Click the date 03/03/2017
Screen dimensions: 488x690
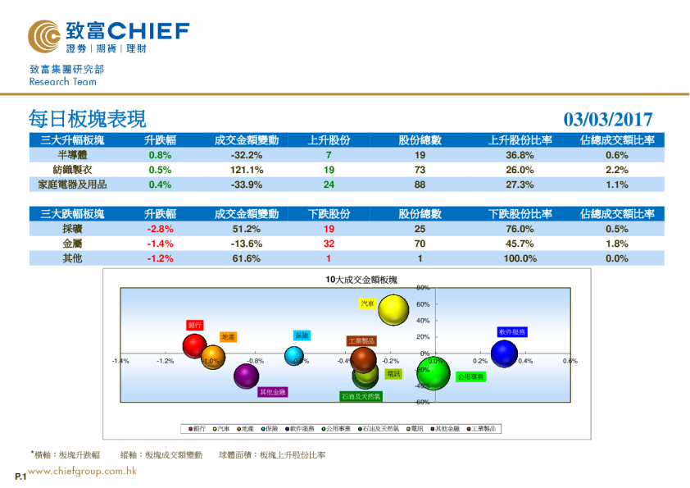[607, 120]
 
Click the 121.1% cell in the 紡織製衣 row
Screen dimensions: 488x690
[246, 170]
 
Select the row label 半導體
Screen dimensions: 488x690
[73, 155]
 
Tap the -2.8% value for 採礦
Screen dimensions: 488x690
[160, 229]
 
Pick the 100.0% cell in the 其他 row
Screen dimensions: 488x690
[520, 258]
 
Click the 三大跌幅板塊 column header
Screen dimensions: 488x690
[73, 214]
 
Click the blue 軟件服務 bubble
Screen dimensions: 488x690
[504, 353]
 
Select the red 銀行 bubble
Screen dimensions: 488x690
[194, 346]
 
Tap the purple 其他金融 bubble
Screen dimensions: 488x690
[247, 376]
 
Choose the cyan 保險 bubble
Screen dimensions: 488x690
[294, 356]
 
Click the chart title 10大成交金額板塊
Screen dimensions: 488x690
[361, 280]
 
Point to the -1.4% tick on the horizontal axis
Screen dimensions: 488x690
[120, 361]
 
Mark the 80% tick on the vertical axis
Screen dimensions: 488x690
[423, 288]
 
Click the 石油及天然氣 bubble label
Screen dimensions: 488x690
[361, 396]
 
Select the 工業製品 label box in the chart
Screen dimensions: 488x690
[361, 340]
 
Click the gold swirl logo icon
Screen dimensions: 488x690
[43, 35]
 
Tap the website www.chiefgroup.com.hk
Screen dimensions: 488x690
[82, 471]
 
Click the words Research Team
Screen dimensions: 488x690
[62, 82]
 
